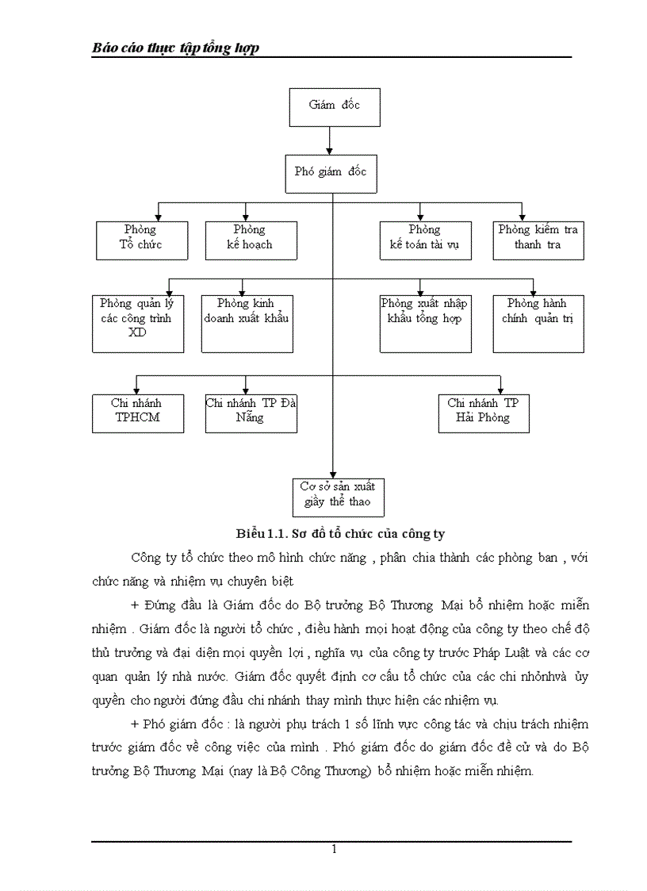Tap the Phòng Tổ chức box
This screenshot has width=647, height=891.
point(142,240)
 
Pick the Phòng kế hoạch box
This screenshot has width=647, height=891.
point(251,240)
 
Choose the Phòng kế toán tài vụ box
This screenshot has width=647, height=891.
point(425,240)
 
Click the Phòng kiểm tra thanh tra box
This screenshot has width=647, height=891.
point(538,240)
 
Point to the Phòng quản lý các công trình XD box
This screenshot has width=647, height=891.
point(138,324)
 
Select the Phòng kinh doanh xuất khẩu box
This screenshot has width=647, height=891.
point(247,324)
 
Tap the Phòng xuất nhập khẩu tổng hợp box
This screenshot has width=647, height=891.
point(425,324)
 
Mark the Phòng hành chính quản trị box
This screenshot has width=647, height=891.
point(538,324)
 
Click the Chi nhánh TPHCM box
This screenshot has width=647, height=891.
point(138,413)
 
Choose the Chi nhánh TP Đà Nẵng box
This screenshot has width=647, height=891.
point(251,413)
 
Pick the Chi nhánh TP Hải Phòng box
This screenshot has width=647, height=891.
point(484,413)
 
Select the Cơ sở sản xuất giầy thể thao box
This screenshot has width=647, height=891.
point(338,497)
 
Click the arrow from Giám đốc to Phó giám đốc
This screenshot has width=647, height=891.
point(329,140)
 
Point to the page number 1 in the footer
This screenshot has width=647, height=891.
point(334,849)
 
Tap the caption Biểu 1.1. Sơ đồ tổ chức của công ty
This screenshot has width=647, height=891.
point(346,533)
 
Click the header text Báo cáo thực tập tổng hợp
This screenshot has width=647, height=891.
point(176,48)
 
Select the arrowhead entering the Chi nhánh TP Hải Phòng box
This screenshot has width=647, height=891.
point(502,389)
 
